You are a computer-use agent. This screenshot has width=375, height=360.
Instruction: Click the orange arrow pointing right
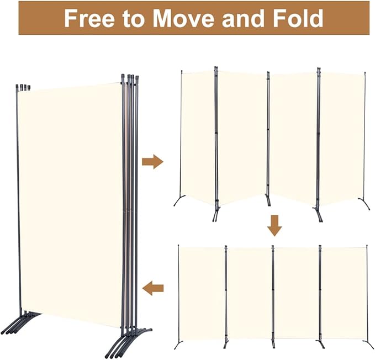(152, 161)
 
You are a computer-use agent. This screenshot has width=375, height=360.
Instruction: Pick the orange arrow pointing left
(153, 287)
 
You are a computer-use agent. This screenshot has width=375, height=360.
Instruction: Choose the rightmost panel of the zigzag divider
(342, 138)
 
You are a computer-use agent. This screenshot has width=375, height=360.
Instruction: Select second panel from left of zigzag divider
(242, 138)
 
